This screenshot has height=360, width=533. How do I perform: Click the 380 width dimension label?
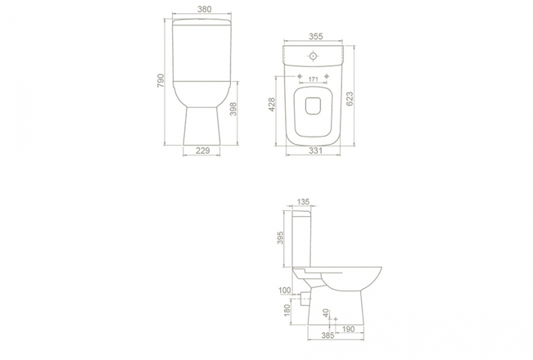pyautogui.click(x=204, y=9)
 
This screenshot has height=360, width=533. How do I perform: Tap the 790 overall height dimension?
pyautogui.click(x=161, y=80)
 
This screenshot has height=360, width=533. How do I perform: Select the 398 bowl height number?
pyautogui.click(x=233, y=109)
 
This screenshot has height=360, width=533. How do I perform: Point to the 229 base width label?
pyautogui.click(x=203, y=150)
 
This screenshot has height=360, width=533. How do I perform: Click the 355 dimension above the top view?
pyautogui.click(x=316, y=36)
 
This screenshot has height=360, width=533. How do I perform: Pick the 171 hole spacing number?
pyautogui.click(x=313, y=79)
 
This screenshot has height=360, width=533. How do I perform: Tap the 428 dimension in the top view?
pyautogui.click(x=272, y=105)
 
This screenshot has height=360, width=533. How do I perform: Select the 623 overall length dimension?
pyautogui.click(x=350, y=99)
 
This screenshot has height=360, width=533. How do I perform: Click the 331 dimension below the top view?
pyautogui.click(x=316, y=150)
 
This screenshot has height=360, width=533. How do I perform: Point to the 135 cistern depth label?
pyautogui.click(x=303, y=202)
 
